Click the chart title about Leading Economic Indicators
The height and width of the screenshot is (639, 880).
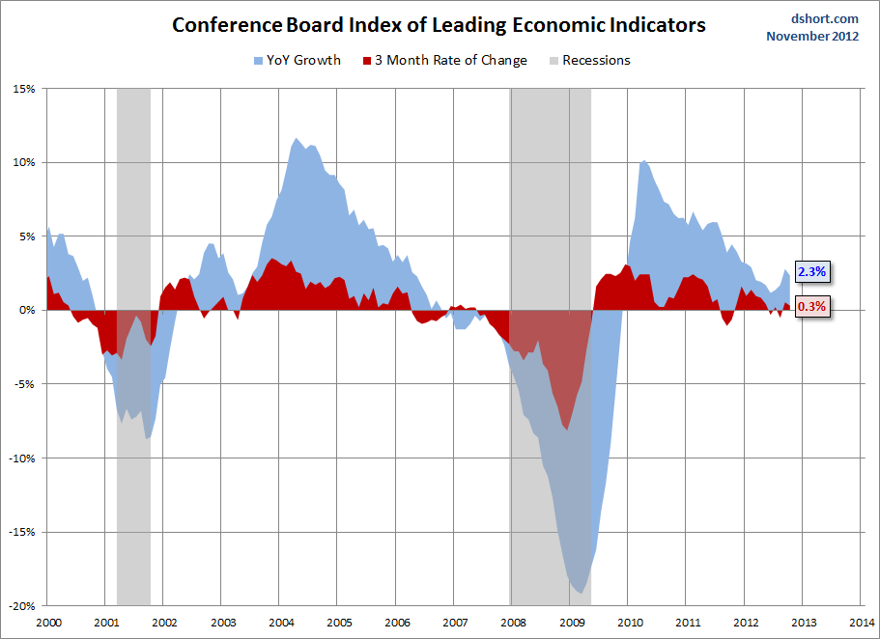coord(439,25)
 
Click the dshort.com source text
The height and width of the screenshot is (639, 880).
coord(824,18)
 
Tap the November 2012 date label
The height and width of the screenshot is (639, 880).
coord(812,37)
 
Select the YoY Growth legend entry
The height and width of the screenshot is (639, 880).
coord(297,60)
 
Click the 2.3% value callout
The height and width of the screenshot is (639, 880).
coord(810,271)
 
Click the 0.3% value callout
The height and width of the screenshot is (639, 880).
coord(810,307)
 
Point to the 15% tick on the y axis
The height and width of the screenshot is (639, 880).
coord(24,89)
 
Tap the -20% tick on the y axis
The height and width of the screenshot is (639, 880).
coord(22,606)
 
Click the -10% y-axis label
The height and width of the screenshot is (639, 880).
coord(22,458)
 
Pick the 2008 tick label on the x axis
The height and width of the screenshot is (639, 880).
coord(513,622)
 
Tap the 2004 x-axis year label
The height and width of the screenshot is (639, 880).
coord(280,622)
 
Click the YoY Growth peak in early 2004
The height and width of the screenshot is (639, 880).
coord(296,140)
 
